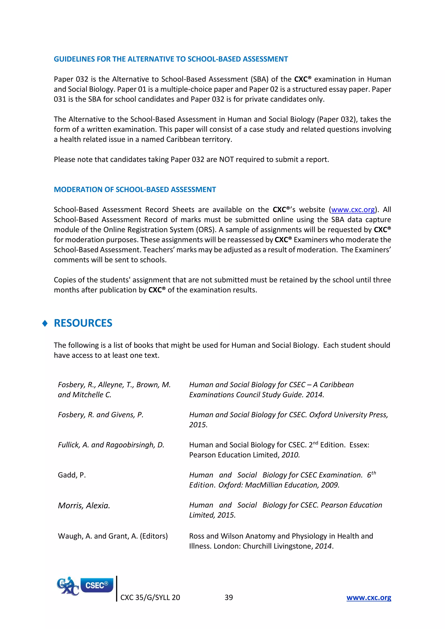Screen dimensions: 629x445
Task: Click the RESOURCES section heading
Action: coord(83,323)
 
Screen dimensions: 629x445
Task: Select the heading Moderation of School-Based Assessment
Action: coord(134,190)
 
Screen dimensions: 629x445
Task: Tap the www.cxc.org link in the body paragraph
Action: coord(353,210)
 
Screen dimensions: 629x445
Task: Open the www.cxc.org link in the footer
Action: coord(369,597)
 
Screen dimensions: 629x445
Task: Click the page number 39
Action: coord(229,597)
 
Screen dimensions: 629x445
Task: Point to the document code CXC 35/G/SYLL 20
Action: coord(150,597)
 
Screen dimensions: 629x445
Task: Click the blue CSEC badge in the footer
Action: coord(96,585)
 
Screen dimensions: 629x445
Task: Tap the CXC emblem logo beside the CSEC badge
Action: coord(67,586)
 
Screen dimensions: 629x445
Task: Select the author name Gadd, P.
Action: coord(72,475)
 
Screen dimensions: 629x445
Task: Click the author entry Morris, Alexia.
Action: coord(84,505)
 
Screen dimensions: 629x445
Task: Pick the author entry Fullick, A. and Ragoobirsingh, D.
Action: coord(111,445)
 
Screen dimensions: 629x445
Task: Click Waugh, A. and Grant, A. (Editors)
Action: coord(113,536)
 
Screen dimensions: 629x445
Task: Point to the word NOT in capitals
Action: coord(226,159)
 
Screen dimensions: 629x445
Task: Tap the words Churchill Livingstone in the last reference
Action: coord(277,546)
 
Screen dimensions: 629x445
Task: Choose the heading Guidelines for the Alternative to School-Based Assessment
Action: coord(171,59)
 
